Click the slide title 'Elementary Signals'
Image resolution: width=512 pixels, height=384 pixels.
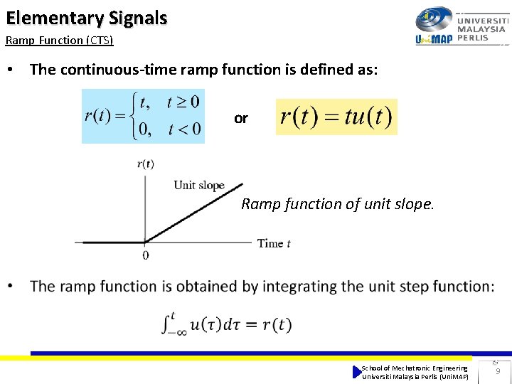coord(87,18)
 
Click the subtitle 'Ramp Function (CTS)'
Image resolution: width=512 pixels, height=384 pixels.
coord(59,41)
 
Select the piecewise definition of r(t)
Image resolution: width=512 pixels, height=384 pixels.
coord(143,116)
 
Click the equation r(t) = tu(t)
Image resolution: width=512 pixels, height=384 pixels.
coord(336,117)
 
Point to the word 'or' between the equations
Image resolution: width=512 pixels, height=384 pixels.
coord(241,119)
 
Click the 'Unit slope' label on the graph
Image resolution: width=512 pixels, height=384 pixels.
coord(199,186)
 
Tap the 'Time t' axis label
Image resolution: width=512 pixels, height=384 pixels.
coord(274,243)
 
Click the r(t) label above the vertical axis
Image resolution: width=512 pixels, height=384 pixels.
coord(146,164)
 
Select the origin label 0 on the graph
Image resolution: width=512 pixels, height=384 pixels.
coord(146,255)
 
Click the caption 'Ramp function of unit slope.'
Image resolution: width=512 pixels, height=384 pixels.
coord(337,204)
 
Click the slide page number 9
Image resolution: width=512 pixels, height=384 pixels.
coord(498,371)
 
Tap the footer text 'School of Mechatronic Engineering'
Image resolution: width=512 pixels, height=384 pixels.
coord(415,368)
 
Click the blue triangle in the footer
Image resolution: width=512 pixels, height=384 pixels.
coord(357,372)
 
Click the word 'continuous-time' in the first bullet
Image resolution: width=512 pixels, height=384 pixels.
coord(117,70)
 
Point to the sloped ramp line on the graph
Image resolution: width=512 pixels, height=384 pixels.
coord(196,210)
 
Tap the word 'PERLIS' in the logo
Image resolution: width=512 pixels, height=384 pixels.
coord(473,38)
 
